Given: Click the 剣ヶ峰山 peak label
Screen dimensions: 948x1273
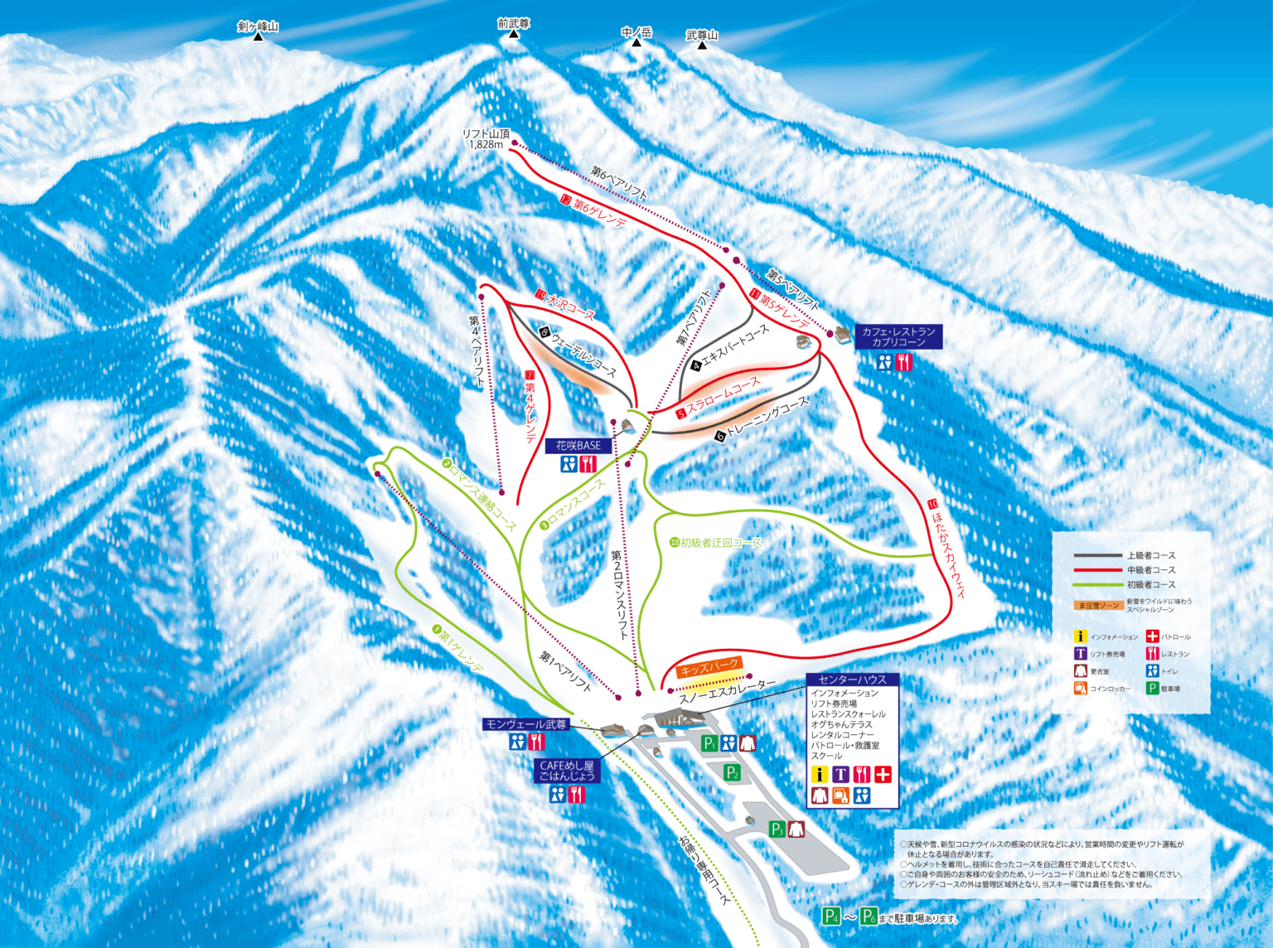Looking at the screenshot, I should click(x=258, y=26).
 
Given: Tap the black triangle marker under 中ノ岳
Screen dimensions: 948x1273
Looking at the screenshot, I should click(x=636, y=42).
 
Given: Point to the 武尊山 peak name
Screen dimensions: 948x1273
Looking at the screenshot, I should click(x=702, y=35).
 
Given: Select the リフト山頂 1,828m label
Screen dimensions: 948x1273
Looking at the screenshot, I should click(x=486, y=138).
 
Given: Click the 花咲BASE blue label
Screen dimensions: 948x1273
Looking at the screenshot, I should click(x=578, y=446).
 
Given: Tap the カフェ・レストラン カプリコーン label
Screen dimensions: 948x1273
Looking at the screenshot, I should click(x=898, y=336).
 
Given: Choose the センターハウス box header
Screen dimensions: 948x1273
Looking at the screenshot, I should click(x=852, y=680).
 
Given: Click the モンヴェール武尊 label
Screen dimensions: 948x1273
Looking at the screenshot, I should click(x=526, y=724).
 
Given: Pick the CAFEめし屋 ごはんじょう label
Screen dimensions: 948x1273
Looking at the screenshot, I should click(x=566, y=771).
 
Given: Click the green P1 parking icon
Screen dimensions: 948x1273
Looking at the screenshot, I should click(x=709, y=743).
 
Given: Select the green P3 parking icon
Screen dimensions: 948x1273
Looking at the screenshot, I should click(x=777, y=829).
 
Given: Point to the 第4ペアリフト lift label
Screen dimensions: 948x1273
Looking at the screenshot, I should click(x=477, y=351).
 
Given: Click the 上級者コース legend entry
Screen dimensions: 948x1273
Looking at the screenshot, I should click(x=1150, y=555).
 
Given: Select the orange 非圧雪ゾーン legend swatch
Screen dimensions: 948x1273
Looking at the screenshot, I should click(x=1098, y=605).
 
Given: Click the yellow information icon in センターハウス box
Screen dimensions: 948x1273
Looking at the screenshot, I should click(x=820, y=775).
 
